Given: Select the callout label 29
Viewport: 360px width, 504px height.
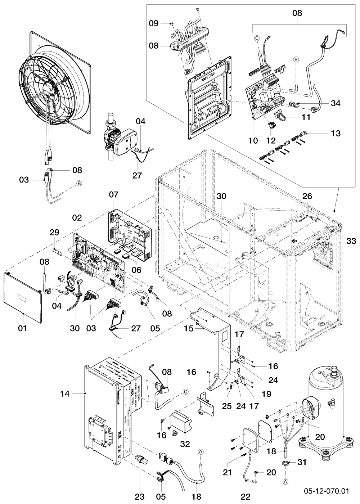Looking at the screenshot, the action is click(x=54, y=233).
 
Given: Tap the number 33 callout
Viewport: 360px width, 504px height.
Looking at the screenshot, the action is click(x=351, y=241).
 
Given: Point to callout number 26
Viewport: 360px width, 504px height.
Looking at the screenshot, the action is click(x=307, y=196).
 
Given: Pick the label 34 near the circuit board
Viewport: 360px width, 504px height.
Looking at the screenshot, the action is click(x=336, y=104).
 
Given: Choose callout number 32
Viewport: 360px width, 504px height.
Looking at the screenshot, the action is click(x=185, y=444).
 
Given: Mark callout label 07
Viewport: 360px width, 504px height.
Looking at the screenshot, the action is click(x=113, y=194).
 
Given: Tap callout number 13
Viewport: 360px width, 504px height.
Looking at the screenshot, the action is click(x=336, y=133).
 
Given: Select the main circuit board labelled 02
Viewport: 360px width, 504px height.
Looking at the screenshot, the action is click(x=99, y=263).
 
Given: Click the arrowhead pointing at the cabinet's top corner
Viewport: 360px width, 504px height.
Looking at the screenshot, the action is click(x=334, y=212).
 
